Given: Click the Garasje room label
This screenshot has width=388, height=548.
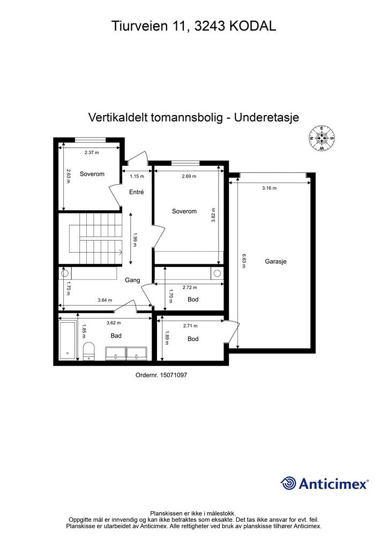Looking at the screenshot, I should [275, 262].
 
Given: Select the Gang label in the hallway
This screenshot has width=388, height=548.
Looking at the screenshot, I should [132, 280].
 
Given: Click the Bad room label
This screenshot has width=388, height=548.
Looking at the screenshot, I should [116, 336].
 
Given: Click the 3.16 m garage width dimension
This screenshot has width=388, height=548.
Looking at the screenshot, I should [270, 188].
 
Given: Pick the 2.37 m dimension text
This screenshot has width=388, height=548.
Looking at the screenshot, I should [92, 153].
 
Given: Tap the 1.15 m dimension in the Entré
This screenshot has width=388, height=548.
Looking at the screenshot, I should [138, 176].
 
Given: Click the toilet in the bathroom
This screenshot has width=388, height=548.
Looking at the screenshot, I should [89, 351].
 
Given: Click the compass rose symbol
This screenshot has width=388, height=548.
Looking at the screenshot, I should [322, 138].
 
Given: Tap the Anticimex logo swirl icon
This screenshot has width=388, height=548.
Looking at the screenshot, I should [288, 483].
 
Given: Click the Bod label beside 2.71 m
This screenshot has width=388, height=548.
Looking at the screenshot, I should [193, 339].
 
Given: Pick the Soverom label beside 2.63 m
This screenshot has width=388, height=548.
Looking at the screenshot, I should [92, 174].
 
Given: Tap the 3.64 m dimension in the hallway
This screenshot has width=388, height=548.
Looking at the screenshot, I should [105, 300].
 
